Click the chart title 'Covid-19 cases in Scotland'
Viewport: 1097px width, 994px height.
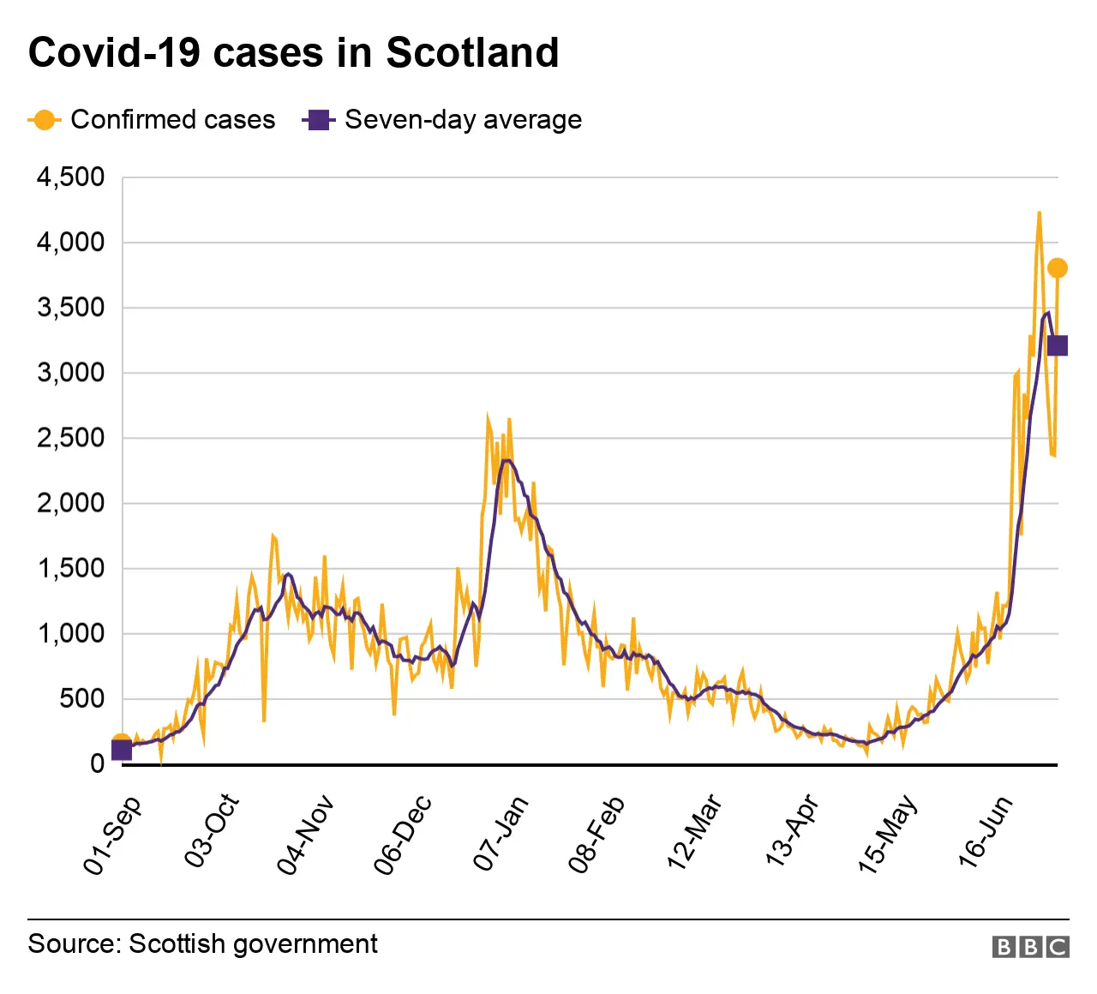pos(293,52)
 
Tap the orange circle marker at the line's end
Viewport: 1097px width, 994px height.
pos(1057,268)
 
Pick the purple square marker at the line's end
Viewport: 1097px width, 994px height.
pos(1057,345)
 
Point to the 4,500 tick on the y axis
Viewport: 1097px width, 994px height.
pos(70,177)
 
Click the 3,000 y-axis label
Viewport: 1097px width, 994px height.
pos(70,373)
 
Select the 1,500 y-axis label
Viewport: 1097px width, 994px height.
pos(70,568)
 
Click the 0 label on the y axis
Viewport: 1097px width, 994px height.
pos(97,763)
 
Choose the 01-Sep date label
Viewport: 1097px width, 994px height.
pos(112,835)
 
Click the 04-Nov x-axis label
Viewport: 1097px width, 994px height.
pos(305,835)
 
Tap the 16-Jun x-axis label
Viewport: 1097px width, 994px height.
pos(986,832)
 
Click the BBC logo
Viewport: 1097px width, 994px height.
pos(1030,946)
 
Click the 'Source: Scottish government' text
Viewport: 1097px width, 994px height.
pos(202,943)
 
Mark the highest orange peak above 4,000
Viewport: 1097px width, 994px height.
pos(1039,213)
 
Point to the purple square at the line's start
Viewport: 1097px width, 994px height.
pos(122,750)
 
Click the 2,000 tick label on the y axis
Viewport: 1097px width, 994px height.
pos(70,503)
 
